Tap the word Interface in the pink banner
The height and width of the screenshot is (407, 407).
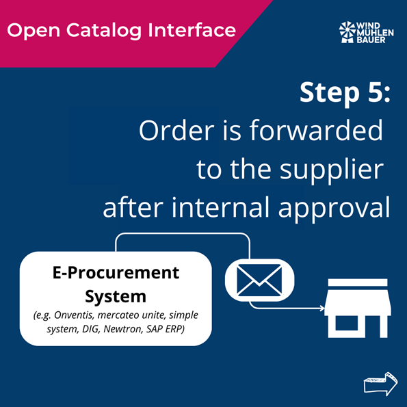[192, 30]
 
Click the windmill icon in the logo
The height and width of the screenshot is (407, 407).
[347, 32]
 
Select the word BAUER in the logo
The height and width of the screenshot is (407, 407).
[371, 40]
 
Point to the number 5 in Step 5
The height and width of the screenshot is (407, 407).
[376, 92]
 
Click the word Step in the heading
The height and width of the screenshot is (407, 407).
[330, 94]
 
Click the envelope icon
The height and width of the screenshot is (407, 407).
[259, 280]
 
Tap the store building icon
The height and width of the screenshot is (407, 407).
[358, 308]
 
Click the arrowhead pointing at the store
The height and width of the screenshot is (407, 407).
[322, 308]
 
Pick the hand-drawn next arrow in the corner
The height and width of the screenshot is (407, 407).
[380, 384]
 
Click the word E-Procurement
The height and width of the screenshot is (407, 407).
[116, 273]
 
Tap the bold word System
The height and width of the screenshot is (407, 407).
[116, 296]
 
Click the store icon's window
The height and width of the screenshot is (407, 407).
[347, 323]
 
